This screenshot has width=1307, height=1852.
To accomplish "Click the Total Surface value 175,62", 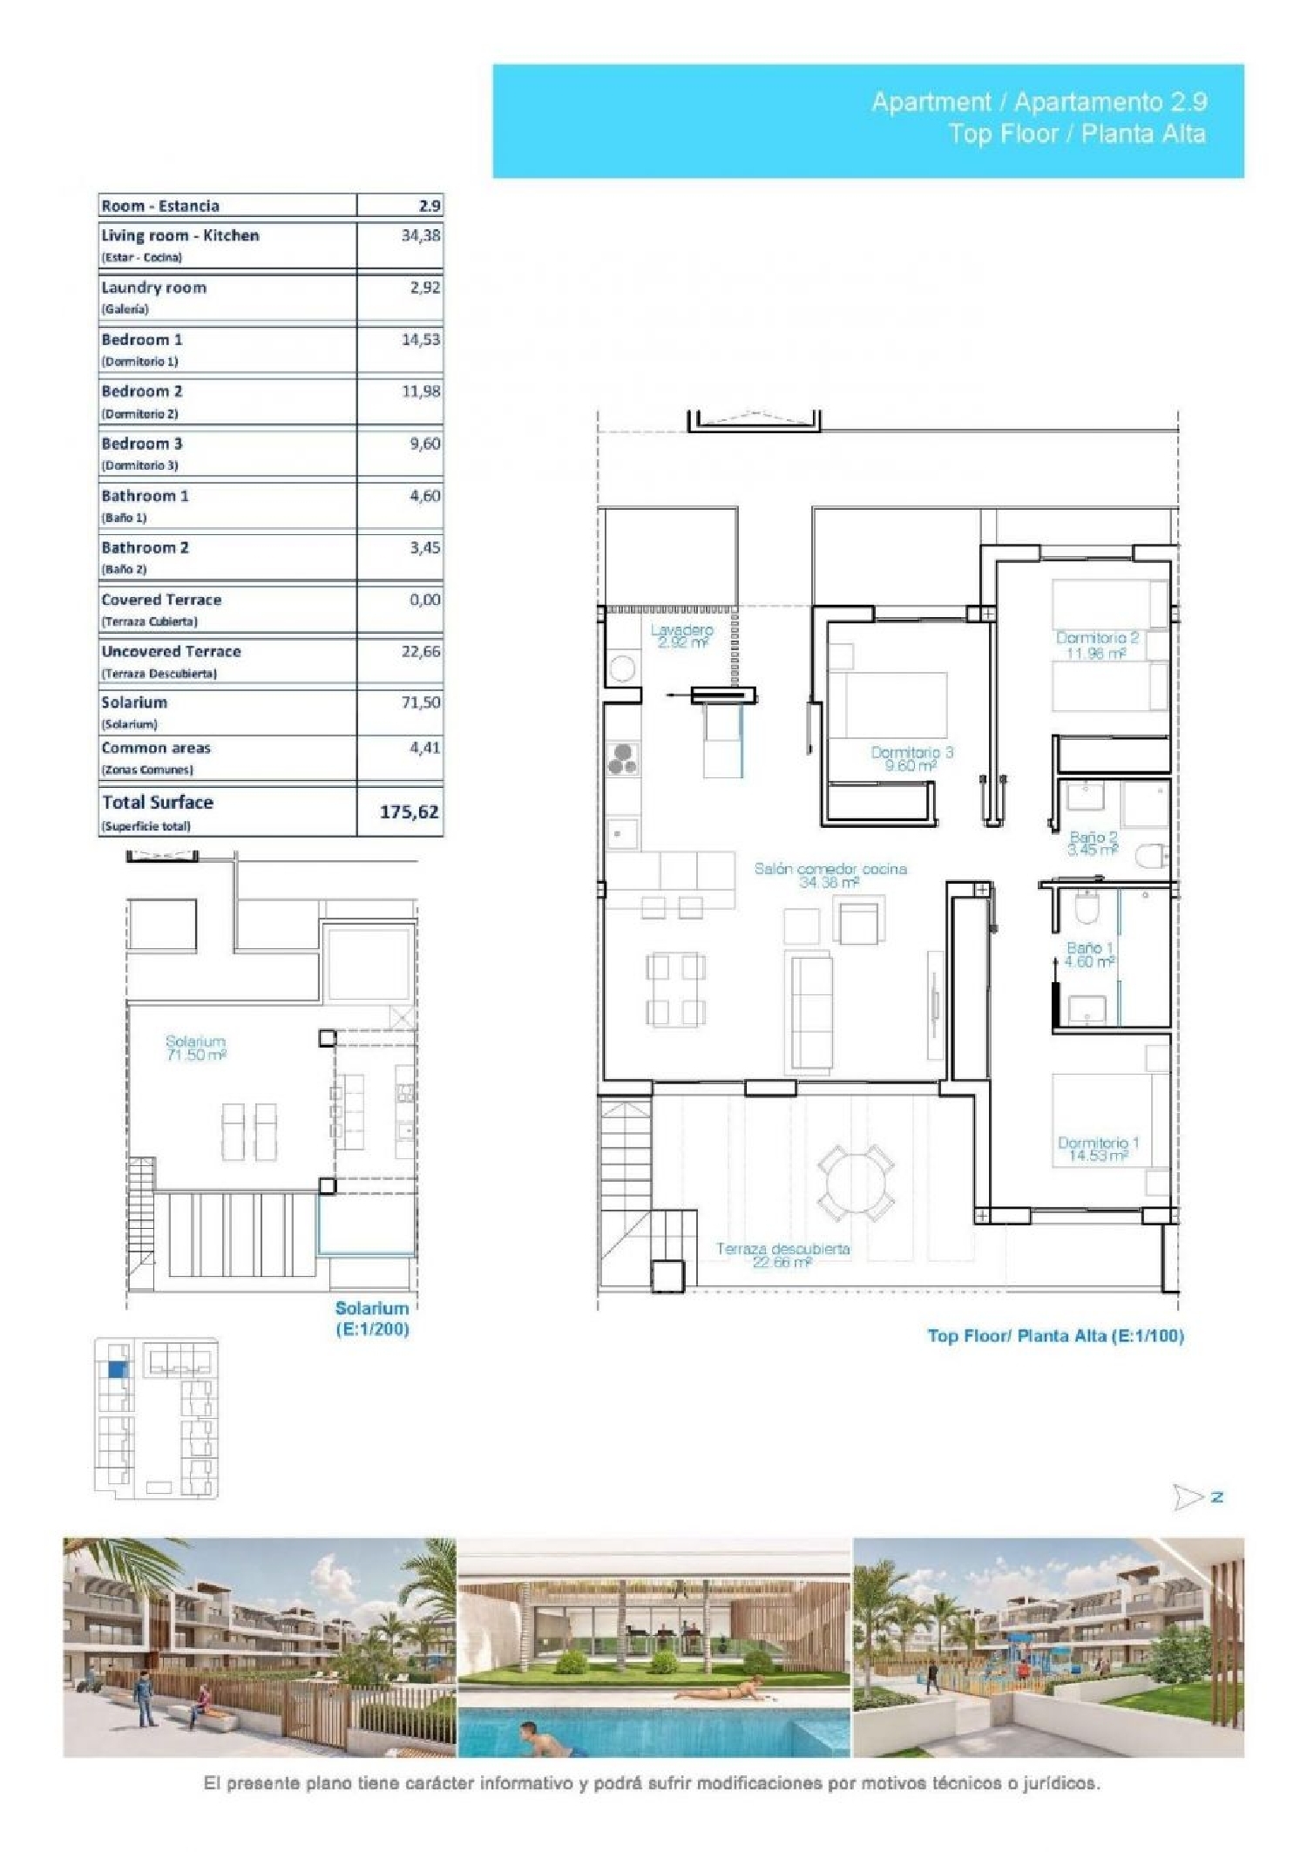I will [x=409, y=811].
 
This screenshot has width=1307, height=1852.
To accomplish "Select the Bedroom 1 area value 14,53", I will [x=420, y=340].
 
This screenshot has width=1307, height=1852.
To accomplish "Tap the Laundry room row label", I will [x=154, y=288].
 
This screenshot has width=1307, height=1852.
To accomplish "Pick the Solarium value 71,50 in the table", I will [x=420, y=702].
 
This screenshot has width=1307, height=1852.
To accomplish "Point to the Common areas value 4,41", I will [x=424, y=748].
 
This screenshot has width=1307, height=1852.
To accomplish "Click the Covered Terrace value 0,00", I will [x=424, y=600].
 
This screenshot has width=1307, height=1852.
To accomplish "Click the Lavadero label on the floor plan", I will [x=681, y=630].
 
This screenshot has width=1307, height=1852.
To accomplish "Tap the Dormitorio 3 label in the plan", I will [x=911, y=752].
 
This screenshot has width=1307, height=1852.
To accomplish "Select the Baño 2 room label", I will [x=1093, y=838].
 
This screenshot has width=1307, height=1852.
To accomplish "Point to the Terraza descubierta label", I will [x=782, y=1249].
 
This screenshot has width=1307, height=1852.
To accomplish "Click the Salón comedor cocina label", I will [x=830, y=869].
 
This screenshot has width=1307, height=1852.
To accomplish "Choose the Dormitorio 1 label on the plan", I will [x=1098, y=1143].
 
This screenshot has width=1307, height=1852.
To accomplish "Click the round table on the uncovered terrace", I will [x=855, y=1183].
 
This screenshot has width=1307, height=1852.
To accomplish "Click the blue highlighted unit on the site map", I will [x=117, y=1370].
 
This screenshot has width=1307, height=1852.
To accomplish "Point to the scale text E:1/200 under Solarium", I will [x=372, y=1329].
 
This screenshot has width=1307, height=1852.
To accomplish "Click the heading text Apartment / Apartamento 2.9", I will [x=1039, y=102].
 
